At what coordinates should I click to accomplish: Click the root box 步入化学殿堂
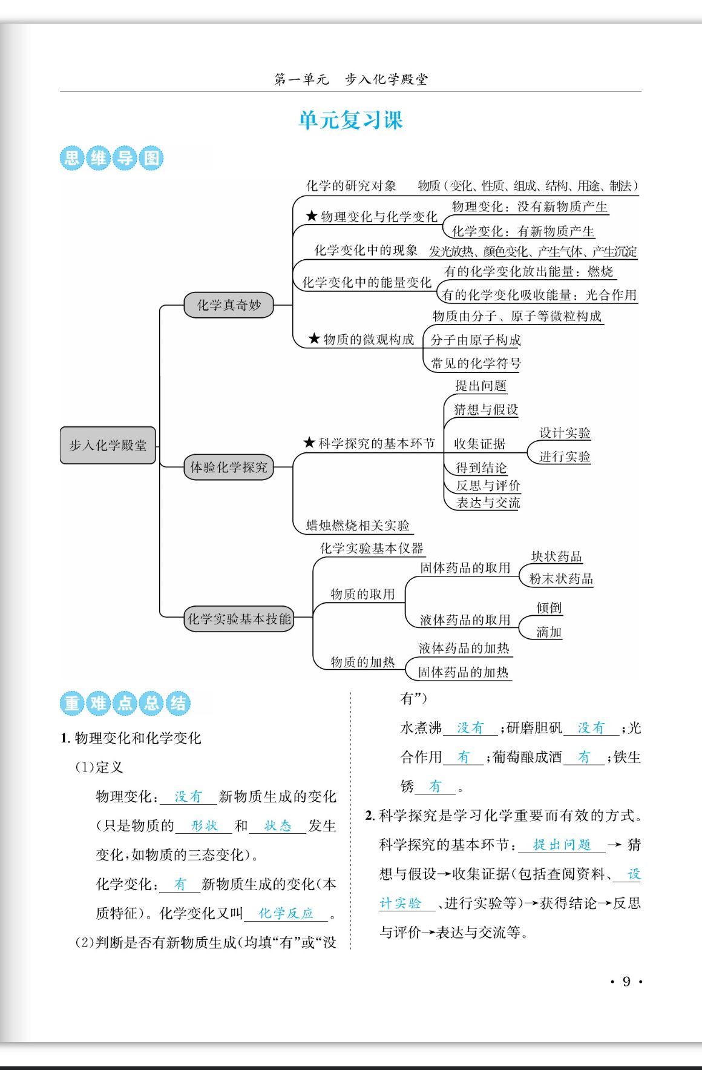108,445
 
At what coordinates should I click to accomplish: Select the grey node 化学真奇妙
229,305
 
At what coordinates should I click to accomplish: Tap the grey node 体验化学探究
229,467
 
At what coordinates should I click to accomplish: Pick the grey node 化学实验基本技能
239,619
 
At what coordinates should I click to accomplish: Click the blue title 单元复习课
350,120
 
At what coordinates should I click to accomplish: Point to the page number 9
626,982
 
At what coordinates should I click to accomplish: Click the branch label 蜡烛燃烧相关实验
358,525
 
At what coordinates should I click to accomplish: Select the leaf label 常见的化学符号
476,363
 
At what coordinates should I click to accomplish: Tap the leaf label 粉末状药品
561,578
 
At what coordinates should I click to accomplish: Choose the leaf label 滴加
549,632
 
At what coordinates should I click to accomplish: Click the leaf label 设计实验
565,432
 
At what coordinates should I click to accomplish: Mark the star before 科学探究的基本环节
309,443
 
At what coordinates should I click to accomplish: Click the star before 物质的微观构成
314,339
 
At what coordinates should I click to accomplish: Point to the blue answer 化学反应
286,913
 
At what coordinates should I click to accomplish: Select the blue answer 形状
204,825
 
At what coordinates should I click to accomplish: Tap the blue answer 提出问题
561,845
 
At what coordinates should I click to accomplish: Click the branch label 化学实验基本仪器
372,548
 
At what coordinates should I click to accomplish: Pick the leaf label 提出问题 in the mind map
481,386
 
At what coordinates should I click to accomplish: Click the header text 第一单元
301,79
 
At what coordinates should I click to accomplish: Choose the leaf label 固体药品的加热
464,672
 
